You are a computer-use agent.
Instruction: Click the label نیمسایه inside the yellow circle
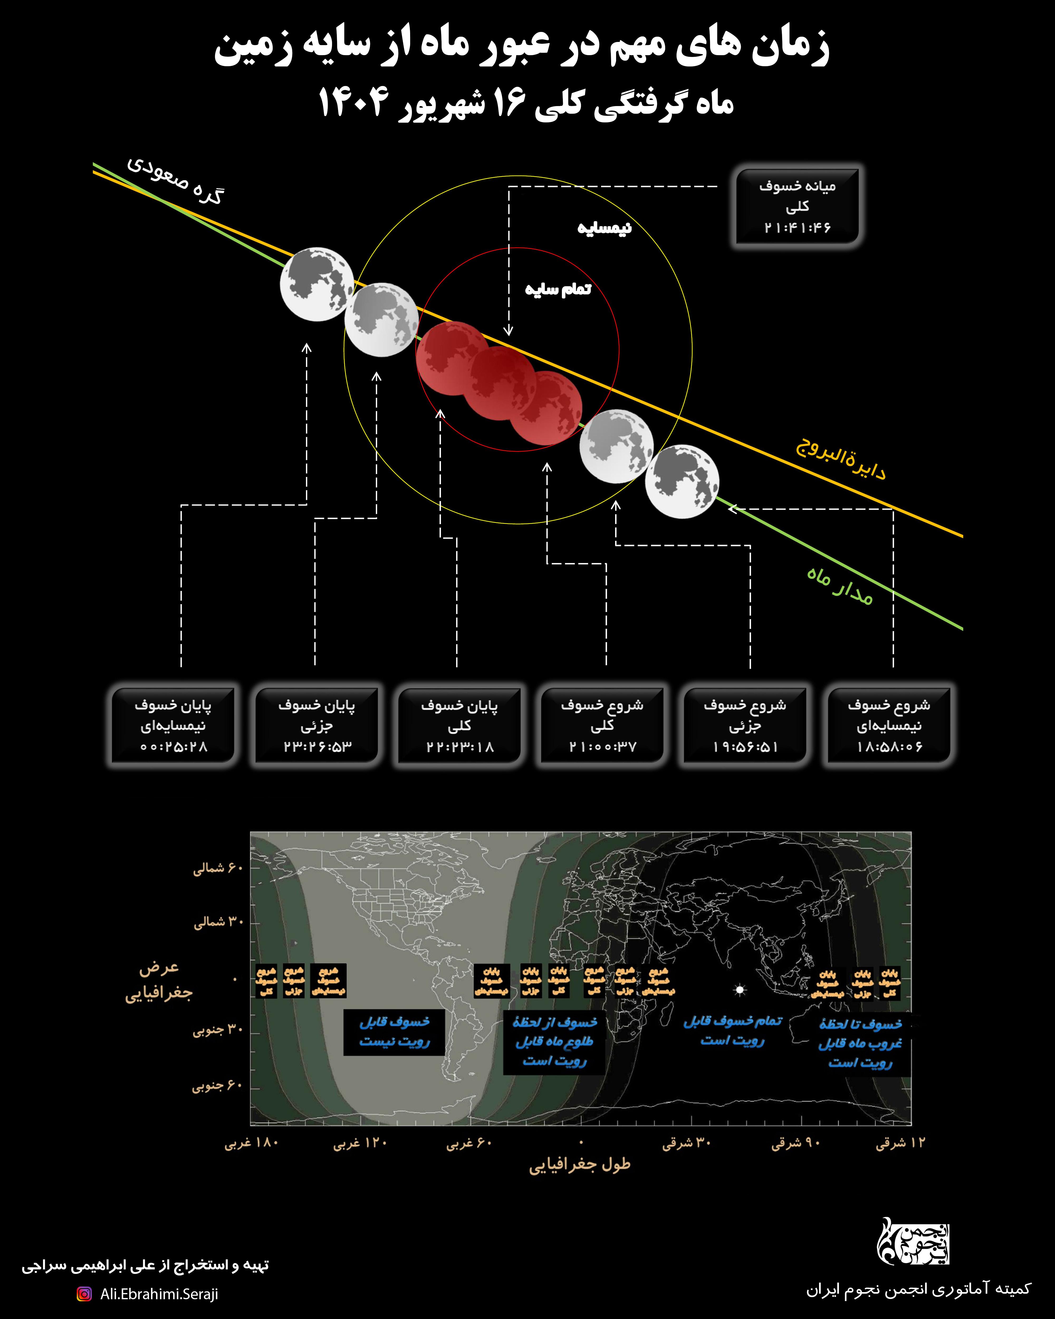(604, 228)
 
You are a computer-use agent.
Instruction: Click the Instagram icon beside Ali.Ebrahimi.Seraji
(84, 1293)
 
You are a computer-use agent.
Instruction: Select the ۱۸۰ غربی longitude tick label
(251, 1143)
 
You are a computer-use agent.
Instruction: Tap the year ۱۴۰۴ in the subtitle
(353, 103)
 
